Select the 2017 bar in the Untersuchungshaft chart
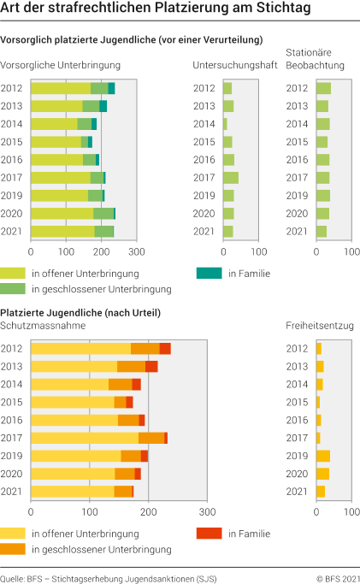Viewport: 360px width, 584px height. (231, 177)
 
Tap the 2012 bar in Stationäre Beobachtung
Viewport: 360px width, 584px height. (323, 88)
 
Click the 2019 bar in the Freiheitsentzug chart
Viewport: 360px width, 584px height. (322, 456)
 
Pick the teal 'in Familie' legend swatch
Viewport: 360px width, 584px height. (210, 273)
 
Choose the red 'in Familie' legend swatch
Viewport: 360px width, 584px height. (210, 533)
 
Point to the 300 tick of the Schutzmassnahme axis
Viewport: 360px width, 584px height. (206, 512)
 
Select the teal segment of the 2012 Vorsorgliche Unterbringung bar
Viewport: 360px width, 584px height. (111, 88)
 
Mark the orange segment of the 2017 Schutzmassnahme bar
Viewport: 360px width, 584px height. (151, 438)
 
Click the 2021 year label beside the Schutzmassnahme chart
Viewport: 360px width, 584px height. (12, 491)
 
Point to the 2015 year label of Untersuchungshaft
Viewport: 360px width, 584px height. (204, 142)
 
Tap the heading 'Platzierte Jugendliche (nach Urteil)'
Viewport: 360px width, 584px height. (81, 313)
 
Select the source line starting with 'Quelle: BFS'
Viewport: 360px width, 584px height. (109, 578)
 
